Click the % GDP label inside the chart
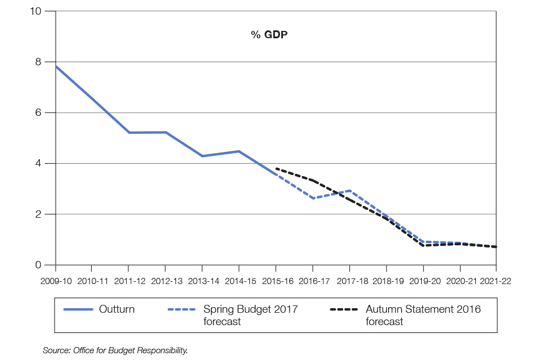tap(269, 35)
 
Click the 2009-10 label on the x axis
tap(55, 280)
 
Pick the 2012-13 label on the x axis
tap(165, 280)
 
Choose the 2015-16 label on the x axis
tap(276, 280)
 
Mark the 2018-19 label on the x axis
tap(386, 280)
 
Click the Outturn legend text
tap(116, 309)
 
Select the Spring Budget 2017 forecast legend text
tap(250, 315)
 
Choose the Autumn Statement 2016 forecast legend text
tap(423, 315)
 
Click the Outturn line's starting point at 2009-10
tap(55, 66)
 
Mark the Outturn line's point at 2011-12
tap(129, 133)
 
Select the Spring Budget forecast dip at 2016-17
tap(312, 198)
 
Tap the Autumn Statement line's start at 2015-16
tap(276, 168)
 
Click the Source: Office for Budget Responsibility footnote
tap(115, 350)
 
